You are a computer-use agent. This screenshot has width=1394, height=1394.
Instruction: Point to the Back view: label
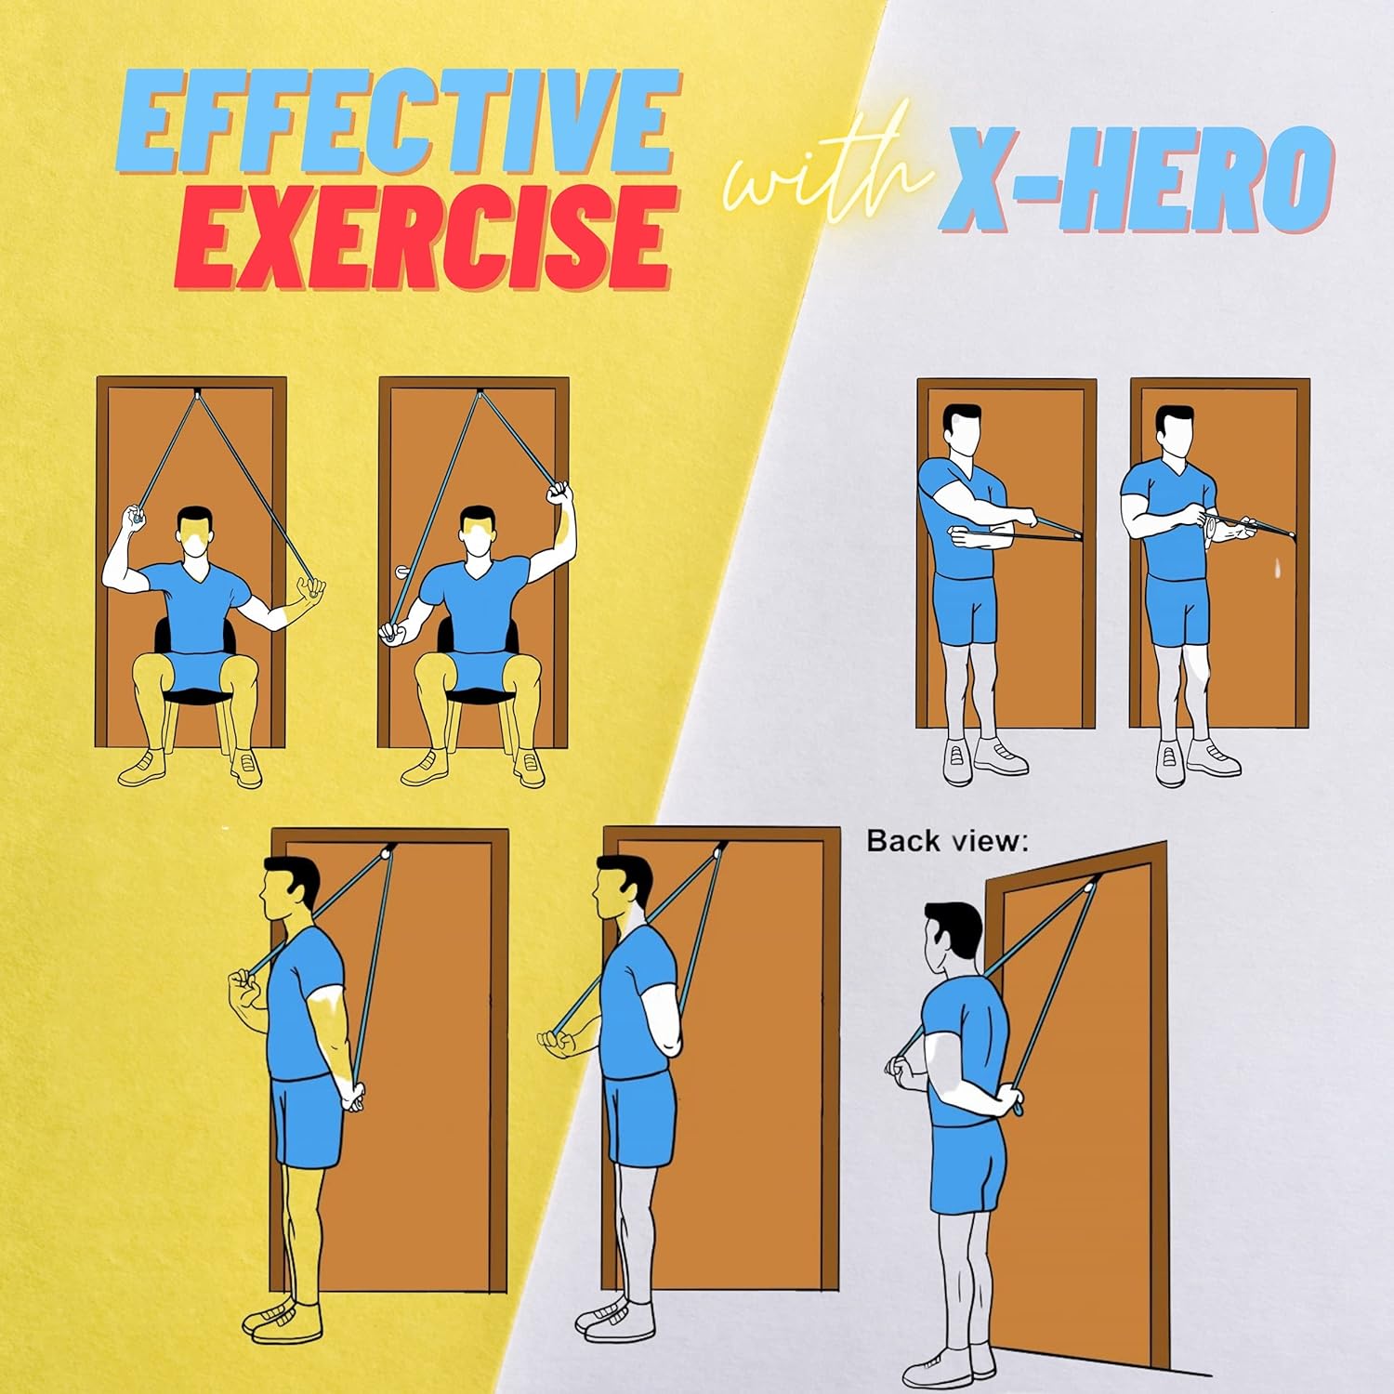(x=947, y=842)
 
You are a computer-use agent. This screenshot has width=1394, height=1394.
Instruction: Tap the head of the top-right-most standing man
(x=1175, y=432)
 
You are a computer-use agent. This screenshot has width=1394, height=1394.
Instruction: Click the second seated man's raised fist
(x=559, y=493)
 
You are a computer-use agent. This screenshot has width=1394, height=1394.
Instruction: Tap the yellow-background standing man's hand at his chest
(x=245, y=999)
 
